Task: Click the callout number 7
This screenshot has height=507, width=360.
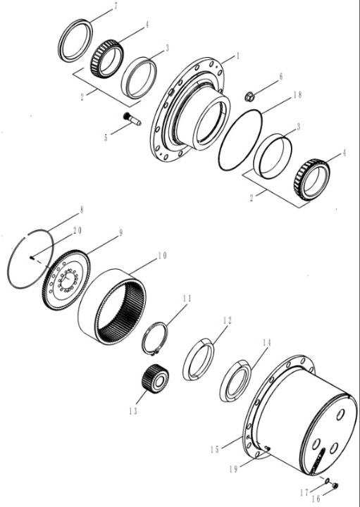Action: [x=116, y=7]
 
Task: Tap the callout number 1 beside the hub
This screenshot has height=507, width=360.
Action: [x=238, y=56]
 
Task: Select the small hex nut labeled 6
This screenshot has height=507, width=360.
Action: [x=249, y=96]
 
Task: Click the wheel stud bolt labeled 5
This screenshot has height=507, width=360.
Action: [x=132, y=118]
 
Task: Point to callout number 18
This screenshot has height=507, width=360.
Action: [x=297, y=95]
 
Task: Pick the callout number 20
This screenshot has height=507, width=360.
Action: [x=77, y=230]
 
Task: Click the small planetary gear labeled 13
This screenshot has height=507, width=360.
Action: [x=155, y=378]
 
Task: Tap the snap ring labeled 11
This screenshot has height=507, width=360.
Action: [x=155, y=338]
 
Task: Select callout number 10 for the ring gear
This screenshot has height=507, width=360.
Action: [x=162, y=256]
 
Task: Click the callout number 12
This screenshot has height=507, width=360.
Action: [x=228, y=320]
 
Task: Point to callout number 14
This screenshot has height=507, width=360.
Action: [x=266, y=343]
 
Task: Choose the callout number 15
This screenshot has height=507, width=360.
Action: [x=215, y=449]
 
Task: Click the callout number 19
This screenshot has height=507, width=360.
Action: [x=233, y=469]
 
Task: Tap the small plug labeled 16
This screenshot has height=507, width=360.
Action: [x=335, y=485]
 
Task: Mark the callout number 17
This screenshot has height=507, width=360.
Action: [x=304, y=493]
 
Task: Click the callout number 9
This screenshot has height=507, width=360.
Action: [x=120, y=233]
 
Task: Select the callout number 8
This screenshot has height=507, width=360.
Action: [x=82, y=210]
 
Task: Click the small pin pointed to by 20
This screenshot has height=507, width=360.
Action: [x=32, y=258]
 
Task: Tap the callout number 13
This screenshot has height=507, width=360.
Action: [x=133, y=411]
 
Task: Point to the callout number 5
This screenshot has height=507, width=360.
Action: [x=106, y=138]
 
